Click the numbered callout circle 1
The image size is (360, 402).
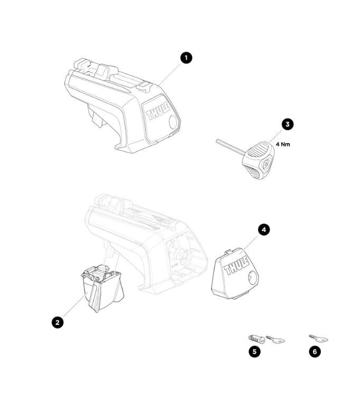pos(186,58)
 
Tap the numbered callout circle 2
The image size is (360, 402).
pos(58,322)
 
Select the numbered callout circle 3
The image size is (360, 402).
pos(287,124)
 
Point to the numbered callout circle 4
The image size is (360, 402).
pos(263,230)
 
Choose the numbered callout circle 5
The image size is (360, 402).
pos(254,351)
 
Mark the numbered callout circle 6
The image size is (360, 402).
pos(315,351)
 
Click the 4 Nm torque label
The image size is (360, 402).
pos(283,144)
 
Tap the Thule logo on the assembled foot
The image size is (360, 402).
pos(158,111)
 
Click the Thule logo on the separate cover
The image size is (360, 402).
pos(236,265)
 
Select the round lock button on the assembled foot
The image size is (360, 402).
pos(173,123)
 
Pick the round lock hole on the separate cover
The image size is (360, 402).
pos(252,278)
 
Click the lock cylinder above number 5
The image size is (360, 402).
pos(257,339)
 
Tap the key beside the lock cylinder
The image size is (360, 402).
pos(276,340)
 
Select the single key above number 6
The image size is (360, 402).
pos(318,339)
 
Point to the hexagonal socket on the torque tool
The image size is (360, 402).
pos(266,164)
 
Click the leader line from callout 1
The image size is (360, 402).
pos(170,74)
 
